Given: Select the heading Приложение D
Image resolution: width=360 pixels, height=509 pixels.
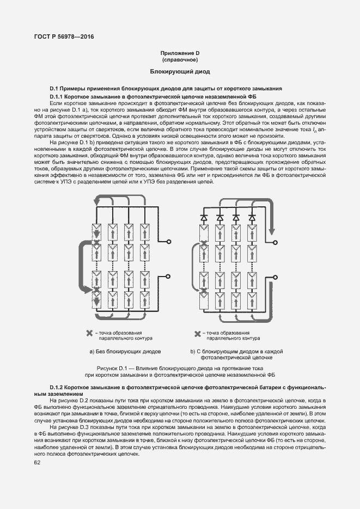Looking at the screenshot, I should click(180, 53).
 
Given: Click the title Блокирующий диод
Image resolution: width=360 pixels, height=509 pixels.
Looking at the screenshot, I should click(180, 72).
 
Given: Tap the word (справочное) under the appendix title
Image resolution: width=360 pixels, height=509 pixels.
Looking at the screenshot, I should click(180, 59).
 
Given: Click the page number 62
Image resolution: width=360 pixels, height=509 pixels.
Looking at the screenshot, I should click(38, 463).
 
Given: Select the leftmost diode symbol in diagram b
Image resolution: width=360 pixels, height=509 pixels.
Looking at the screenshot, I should click(204, 217).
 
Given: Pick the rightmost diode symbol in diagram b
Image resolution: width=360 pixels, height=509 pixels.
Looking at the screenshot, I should click(252, 217).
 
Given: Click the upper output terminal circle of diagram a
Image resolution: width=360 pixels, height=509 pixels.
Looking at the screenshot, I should click(169, 240).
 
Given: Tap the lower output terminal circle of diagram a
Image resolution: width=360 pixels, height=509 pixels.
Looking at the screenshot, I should click(169, 277).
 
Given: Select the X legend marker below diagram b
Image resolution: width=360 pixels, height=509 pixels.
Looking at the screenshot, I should click(198, 333).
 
